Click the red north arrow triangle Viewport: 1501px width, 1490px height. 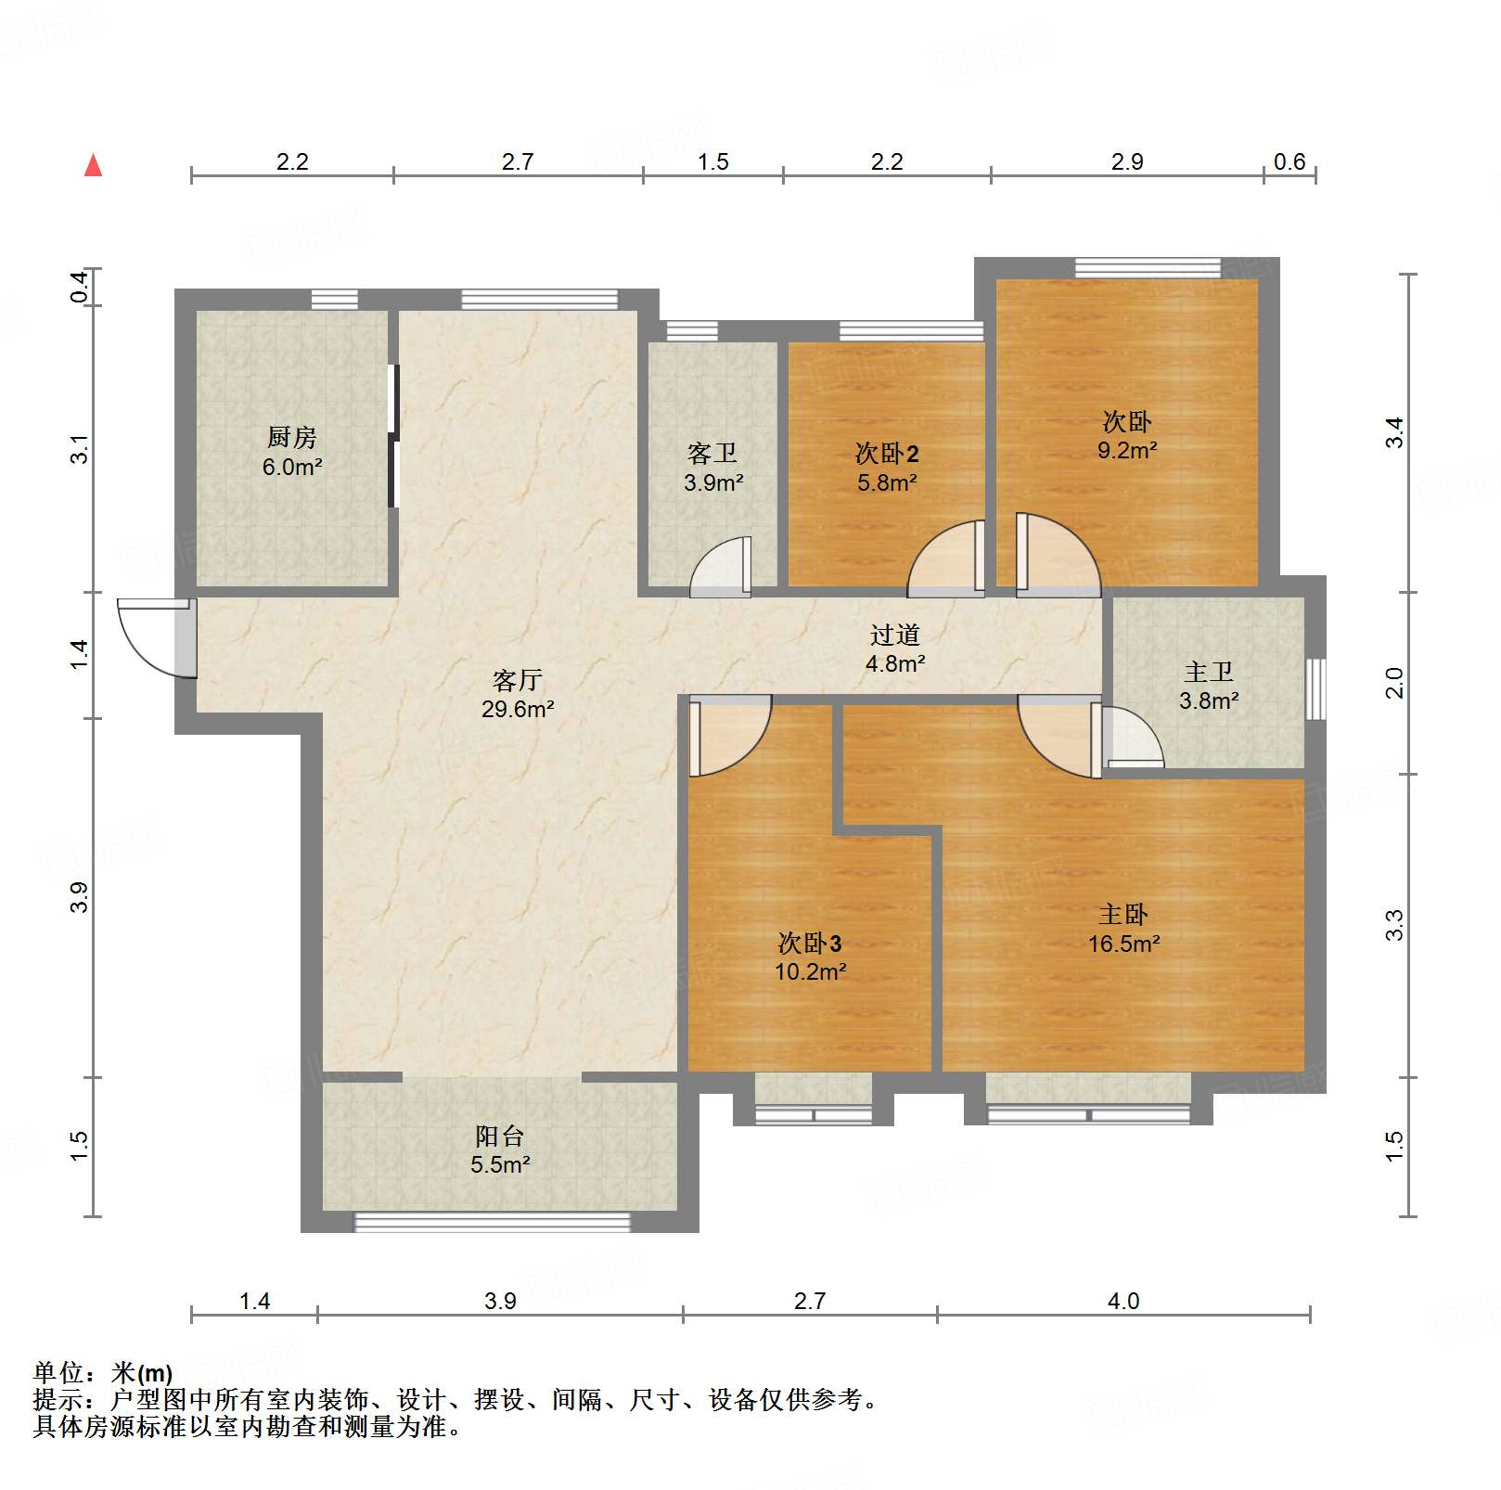(93, 166)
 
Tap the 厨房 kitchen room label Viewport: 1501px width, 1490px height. (291, 436)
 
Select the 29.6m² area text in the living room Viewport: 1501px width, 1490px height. (518, 710)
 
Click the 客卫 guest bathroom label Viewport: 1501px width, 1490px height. (712, 453)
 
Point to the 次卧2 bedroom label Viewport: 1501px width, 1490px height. (887, 453)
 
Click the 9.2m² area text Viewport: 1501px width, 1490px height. (1127, 451)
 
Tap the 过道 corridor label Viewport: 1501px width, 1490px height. (894, 635)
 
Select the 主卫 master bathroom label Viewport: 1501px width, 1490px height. (1208, 672)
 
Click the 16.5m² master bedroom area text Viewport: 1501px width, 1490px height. (1124, 944)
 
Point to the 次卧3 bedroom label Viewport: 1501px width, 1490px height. (810, 944)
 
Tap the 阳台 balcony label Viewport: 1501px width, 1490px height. (499, 1136)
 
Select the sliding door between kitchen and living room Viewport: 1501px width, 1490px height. (393, 436)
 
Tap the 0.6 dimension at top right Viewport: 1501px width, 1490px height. (1289, 162)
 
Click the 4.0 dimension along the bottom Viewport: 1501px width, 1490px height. (1123, 1301)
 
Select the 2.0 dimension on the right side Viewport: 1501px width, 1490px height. (1394, 683)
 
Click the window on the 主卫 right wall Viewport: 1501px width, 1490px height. (1315, 688)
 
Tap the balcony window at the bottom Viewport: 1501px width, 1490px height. (493, 1223)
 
